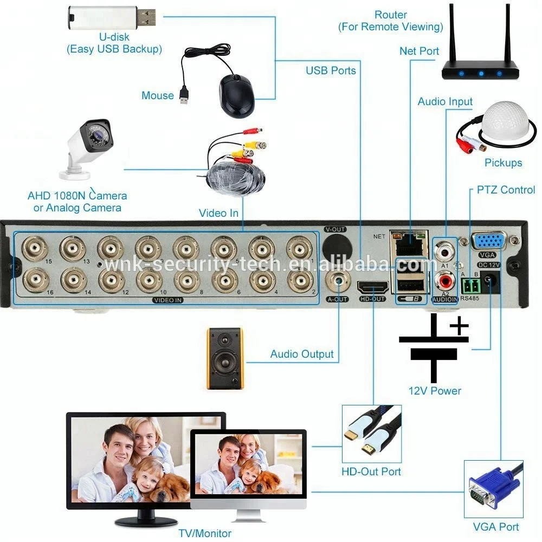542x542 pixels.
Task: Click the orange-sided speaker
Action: pos(225,358)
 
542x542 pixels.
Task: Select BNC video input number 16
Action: pos(36,279)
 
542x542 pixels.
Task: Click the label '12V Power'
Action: pos(435,391)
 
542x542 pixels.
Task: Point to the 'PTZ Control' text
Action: pos(506,190)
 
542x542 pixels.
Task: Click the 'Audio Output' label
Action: pos(302,354)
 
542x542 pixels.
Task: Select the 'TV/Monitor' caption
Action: pos(206,533)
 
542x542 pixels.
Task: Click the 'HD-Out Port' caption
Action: pos(371,471)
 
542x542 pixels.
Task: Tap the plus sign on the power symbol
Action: pos(459,327)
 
